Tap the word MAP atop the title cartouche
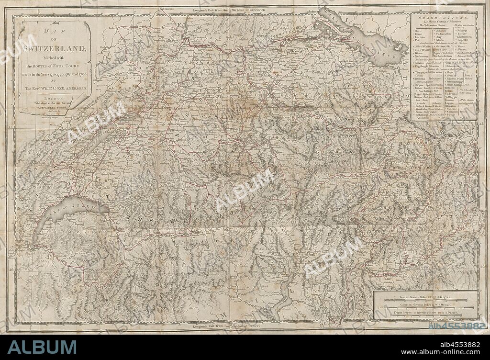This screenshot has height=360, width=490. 54,32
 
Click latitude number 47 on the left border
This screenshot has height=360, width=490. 11,128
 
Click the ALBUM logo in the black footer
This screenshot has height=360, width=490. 42,347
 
